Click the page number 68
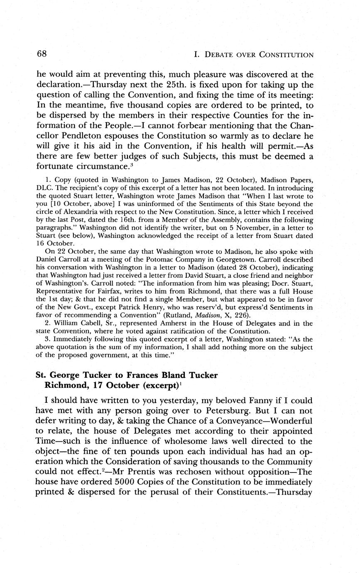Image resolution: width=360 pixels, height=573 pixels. tap(41, 54)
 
